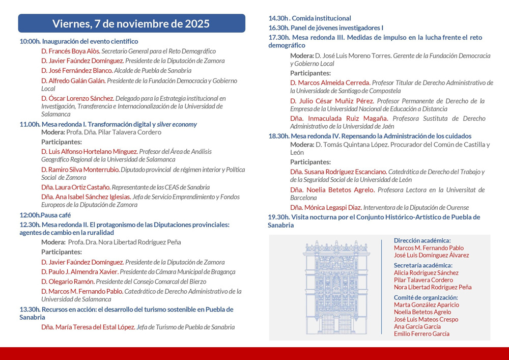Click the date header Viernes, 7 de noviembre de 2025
pos(131,23)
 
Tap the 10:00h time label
pos(30,41)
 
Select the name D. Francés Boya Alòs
pos(70,51)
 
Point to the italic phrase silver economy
pos(177,124)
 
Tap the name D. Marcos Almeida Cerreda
pos(330,82)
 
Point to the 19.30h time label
pos(278,217)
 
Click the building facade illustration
pos(336,287)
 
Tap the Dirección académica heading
pos(422,240)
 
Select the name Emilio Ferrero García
pos(421,334)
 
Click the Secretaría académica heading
pos(423,265)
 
